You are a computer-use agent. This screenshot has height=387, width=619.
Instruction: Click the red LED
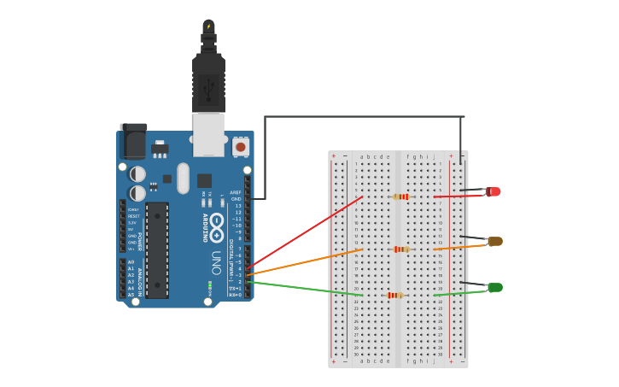[x=493, y=191]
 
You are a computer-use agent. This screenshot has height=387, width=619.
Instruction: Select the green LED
[x=494, y=287]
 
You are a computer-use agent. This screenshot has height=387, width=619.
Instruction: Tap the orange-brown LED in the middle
[x=494, y=241]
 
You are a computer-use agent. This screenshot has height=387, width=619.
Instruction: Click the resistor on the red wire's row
[x=400, y=196]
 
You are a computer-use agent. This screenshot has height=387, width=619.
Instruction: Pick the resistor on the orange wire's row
[x=400, y=249]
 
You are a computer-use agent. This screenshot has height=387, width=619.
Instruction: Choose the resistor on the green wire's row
[x=394, y=295]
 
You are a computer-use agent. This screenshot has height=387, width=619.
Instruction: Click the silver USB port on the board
[x=208, y=135]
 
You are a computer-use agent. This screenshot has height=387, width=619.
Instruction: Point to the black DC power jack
[x=133, y=141]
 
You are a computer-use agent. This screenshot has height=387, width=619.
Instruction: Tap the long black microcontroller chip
[x=156, y=249]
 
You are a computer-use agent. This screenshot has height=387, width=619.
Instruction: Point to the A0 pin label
[x=131, y=262]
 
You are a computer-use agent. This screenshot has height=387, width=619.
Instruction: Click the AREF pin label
[x=237, y=192]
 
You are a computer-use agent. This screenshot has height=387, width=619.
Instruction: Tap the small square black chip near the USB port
[x=204, y=180]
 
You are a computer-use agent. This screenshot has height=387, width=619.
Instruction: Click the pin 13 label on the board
[x=238, y=206]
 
